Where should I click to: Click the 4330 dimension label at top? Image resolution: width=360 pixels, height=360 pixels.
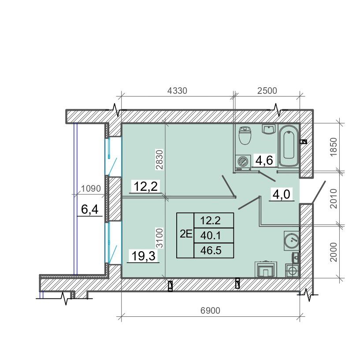(x=177, y=91)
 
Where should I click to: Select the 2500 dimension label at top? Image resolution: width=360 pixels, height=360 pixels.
(x=267, y=91)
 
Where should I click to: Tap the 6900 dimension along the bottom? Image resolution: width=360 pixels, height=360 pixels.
(x=210, y=311)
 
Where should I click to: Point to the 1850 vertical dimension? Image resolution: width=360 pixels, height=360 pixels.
(x=334, y=147)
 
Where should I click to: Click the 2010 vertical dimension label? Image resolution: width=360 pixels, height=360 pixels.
(x=334, y=199)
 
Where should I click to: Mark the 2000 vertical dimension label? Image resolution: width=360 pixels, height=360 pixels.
(x=334, y=252)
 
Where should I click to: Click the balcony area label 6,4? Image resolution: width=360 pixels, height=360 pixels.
(x=90, y=209)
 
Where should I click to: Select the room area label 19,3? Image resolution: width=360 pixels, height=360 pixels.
(x=144, y=256)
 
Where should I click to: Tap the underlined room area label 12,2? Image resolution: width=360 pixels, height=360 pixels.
(x=145, y=186)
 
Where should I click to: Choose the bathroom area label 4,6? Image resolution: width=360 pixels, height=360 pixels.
(x=264, y=160)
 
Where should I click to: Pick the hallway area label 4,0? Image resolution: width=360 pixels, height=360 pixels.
(x=282, y=194)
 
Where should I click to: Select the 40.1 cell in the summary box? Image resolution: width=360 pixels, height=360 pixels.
(x=211, y=236)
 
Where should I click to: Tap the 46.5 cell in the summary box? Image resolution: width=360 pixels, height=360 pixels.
(x=211, y=250)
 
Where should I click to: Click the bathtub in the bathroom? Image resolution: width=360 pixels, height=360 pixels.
(x=289, y=145)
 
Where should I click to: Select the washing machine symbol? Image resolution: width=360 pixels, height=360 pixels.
(x=243, y=163)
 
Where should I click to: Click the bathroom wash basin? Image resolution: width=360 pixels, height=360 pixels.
(x=269, y=129)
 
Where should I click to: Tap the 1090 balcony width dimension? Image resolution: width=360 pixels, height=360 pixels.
(x=91, y=189)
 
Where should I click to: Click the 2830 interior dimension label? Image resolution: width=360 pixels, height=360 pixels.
(x=160, y=160)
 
